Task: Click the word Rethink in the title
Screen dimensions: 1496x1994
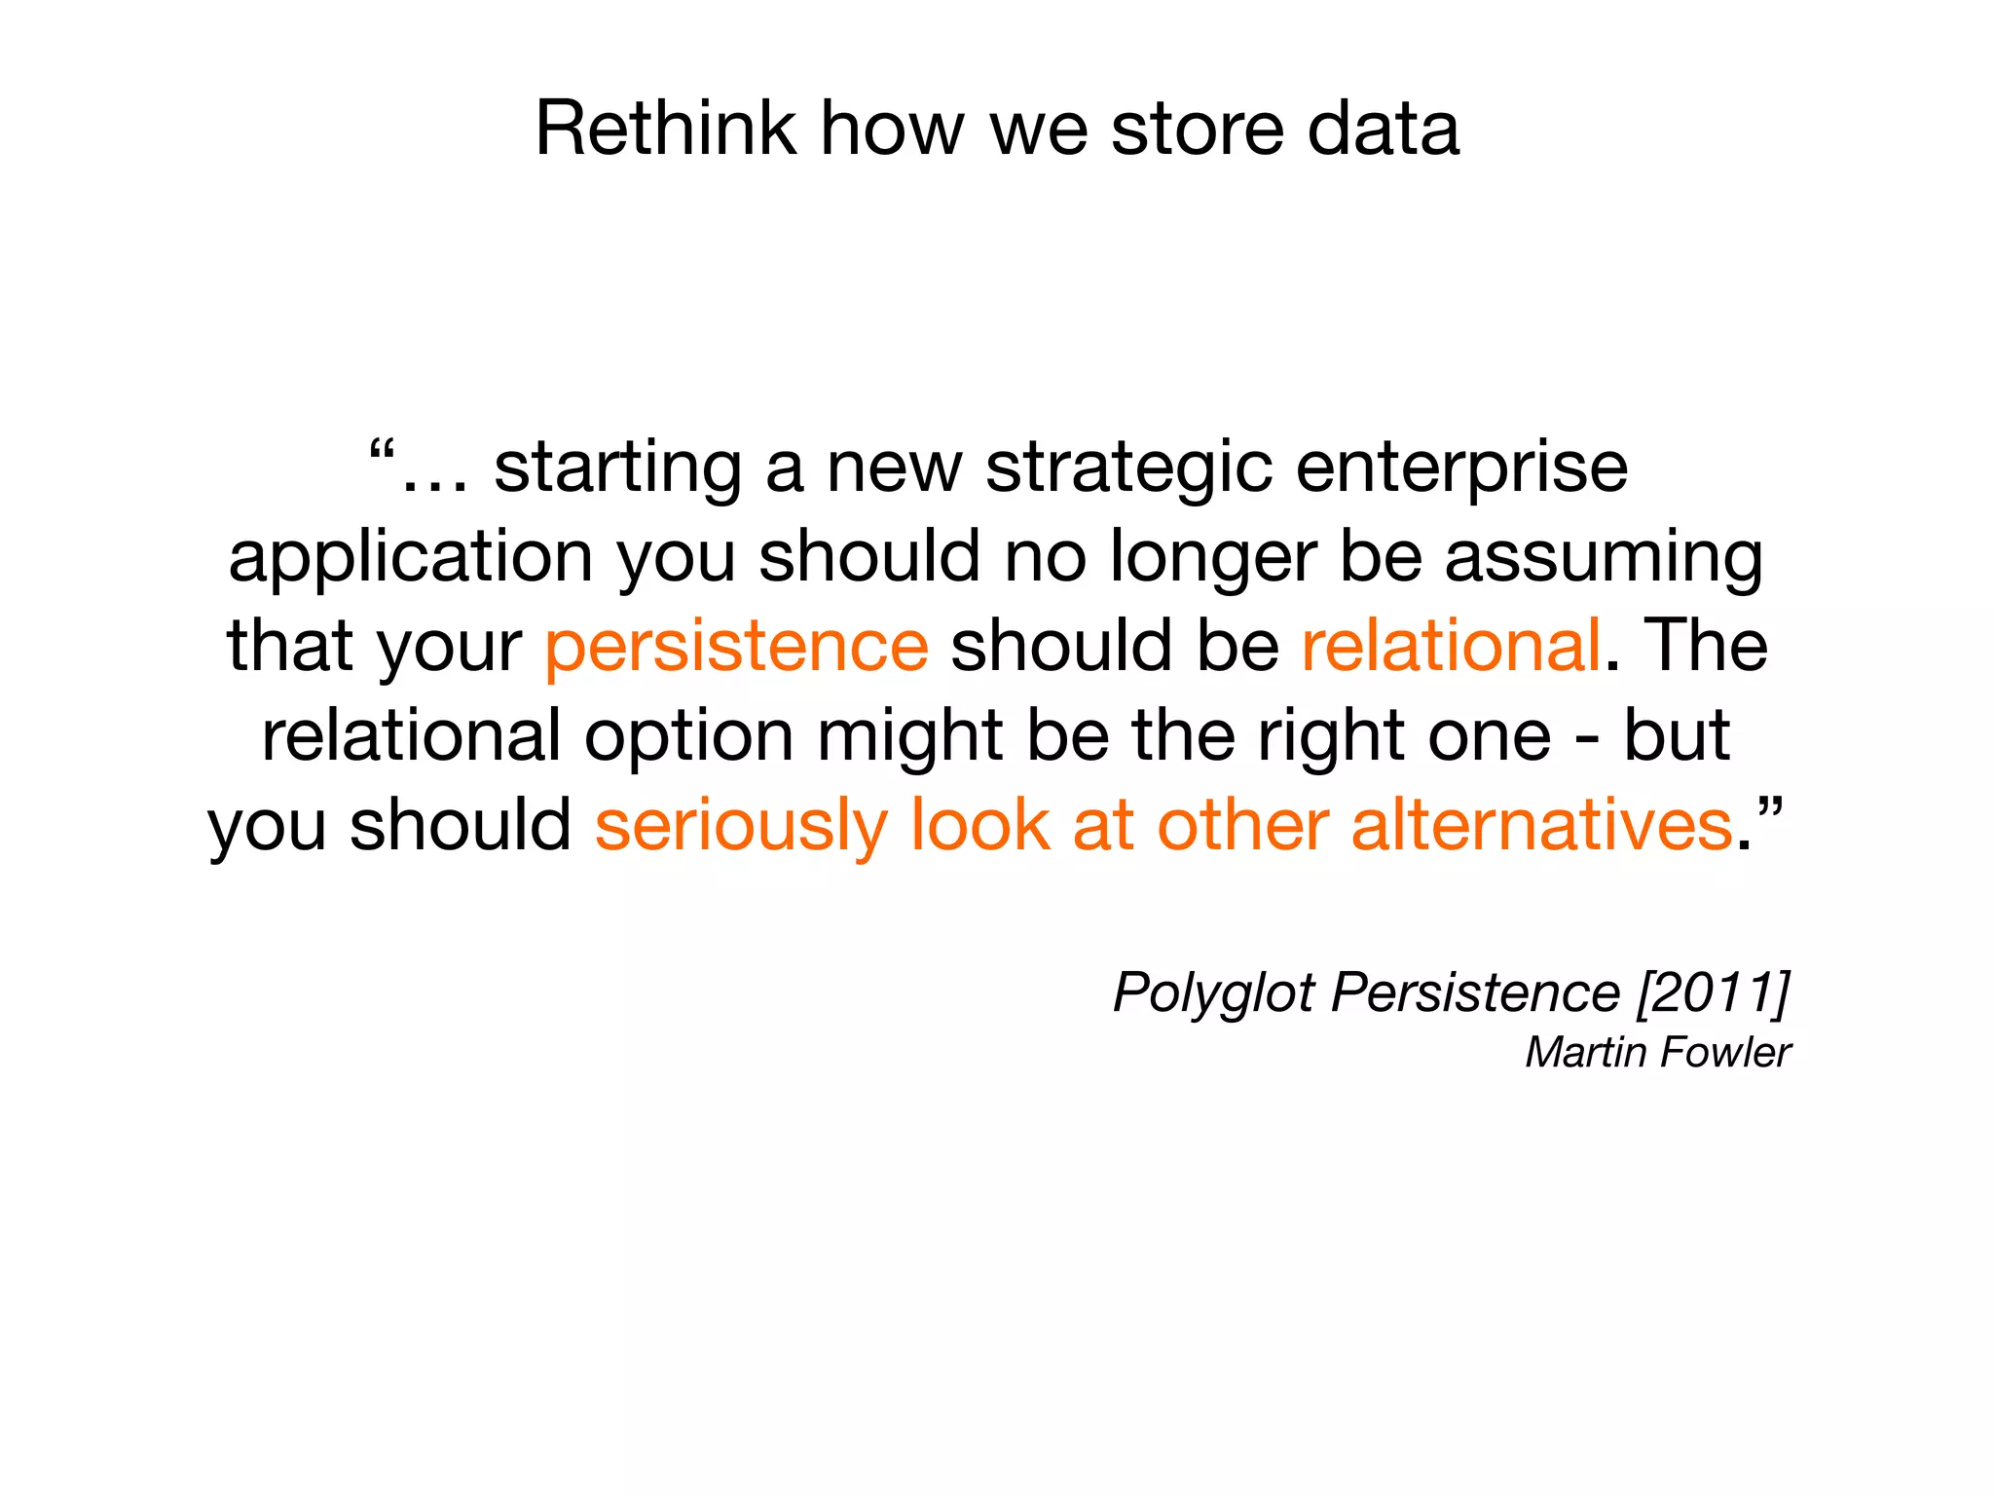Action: pyautogui.click(x=664, y=129)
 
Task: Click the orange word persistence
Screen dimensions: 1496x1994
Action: pyautogui.click(x=736, y=646)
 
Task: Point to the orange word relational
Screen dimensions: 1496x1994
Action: pyautogui.click(x=1451, y=646)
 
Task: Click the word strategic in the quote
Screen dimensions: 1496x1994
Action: pyautogui.click(x=1128, y=467)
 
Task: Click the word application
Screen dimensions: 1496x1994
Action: pyautogui.click(x=410, y=558)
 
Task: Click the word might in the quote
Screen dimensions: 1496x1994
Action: pyautogui.click(x=909, y=737)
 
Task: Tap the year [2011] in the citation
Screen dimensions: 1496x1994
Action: pyautogui.click(x=1714, y=993)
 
